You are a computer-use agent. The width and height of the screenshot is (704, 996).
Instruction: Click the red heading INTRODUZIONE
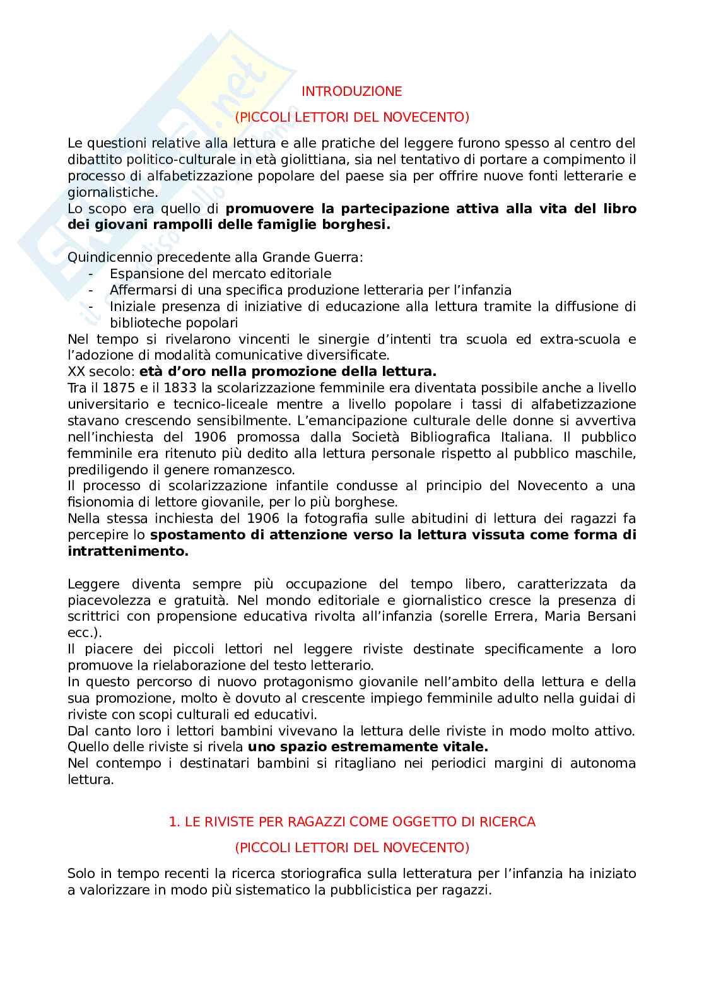[351, 91]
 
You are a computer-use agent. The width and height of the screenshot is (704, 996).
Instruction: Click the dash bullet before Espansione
[92, 274]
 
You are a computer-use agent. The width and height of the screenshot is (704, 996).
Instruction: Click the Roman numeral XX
[76, 372]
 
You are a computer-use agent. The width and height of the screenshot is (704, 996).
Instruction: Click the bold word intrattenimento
[127, 551]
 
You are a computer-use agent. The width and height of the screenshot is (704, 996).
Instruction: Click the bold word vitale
[466, 747]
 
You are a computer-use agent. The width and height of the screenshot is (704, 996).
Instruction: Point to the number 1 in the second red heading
[173, 822]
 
